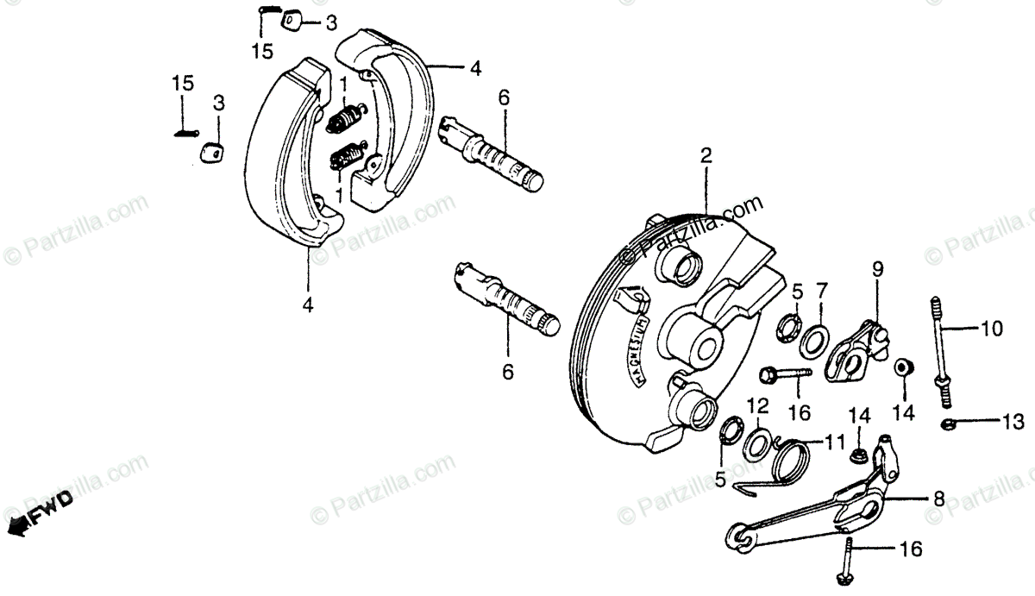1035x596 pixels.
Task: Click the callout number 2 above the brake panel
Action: pyautogui.click(x=706, y=156)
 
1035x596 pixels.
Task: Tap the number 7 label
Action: pyautogui.click(x=821, y=288)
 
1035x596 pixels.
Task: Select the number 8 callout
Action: pyautogui.click(x=938, y=498)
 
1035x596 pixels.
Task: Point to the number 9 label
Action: pyautogui.click(x=877, y=269)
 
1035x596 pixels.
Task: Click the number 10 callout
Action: pyautogui.click(x=991, y=329)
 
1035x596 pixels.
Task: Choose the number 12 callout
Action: pyautogui.click(x=756, y=405)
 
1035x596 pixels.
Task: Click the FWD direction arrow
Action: pyautogui.click(x=39, y=510)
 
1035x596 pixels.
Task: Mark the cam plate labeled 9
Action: pyautogui.click(x=854, y=348)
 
